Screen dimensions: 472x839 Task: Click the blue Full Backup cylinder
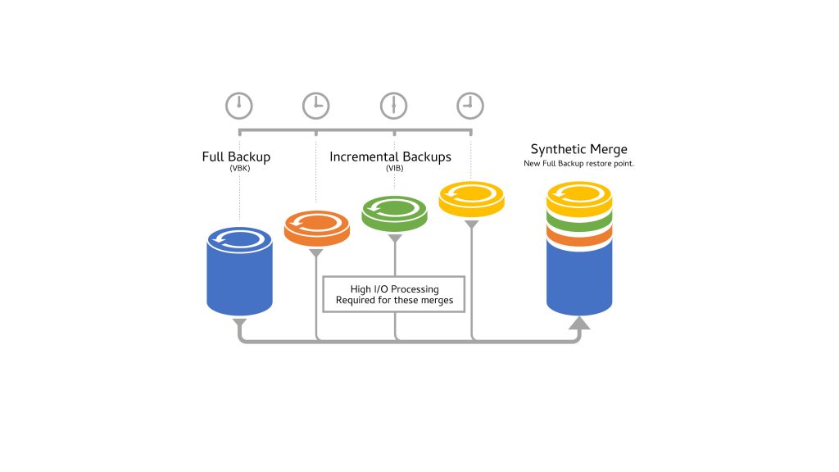[x=238, y=275]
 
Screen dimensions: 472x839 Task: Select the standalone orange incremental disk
[x=316, y=227]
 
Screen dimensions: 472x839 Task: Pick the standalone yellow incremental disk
[x=471, y=198]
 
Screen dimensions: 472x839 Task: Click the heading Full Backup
[x=236, y=156]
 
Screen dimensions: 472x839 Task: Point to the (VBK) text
[x=238, y=168]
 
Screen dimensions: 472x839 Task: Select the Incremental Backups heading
[x=390, y=156]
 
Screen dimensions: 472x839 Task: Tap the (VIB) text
[x=394, y=168]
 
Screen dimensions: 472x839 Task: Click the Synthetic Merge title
[x=578, y=149]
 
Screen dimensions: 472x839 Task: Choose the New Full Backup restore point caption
[x=578, y=163]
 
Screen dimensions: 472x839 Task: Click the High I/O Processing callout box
[x=394, y=294]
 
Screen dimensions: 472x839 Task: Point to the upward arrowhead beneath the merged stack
[x=578, y=324]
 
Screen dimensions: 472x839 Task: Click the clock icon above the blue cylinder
[x=239, y=105]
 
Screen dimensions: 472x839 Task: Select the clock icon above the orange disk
[x=315, y=105]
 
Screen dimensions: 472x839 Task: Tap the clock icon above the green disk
[x=393, y=105]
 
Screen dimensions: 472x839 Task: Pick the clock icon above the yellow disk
[x=470, y=105]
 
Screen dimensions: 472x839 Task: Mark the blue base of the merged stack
[x=578, y=279]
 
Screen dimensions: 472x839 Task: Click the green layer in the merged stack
[x=578, y=220]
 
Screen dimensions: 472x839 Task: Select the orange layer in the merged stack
[x=578, y=237]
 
